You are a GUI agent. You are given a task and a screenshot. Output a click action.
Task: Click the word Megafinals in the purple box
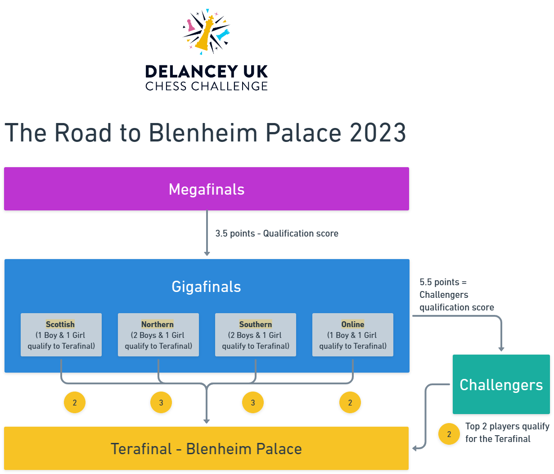click(207, 189)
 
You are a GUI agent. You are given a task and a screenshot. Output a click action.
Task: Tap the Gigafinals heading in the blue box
click(207, 287)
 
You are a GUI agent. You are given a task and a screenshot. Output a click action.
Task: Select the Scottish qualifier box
click(61, 335)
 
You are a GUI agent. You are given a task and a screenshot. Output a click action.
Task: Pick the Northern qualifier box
click(158, 335)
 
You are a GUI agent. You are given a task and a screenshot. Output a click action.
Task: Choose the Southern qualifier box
click(256, 335)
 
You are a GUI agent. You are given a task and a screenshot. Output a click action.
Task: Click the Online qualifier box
click(353, 335)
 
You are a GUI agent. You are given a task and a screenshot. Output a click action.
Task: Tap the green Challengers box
click(501, 384)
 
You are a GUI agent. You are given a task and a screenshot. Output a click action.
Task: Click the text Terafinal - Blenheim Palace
click(207, 449)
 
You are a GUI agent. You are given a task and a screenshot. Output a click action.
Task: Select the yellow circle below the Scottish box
click(75, 402)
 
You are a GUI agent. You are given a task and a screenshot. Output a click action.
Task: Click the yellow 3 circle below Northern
click(161, 402)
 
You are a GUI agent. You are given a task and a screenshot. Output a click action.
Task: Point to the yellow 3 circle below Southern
click(253, 402)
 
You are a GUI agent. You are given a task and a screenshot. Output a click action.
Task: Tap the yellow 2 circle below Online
click(350, 402)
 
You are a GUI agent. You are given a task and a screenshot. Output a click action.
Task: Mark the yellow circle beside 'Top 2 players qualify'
click(449, 434)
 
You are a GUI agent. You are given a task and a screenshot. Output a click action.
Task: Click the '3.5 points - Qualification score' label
click(277, 233)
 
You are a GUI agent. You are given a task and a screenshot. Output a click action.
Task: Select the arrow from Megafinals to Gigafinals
click(207, 234)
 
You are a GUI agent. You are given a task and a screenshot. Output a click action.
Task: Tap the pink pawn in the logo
click(191, 26)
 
